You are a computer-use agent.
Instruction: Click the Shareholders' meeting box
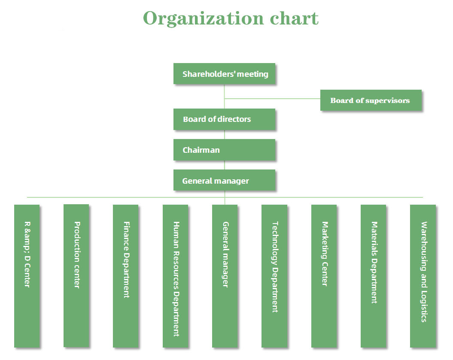point(224,74)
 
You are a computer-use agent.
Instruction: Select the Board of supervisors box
point(371,100)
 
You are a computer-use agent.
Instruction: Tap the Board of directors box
point(224,119)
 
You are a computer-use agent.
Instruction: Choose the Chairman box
point(224,150)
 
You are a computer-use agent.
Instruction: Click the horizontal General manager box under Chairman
point(224,181)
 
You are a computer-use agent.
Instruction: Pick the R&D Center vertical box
point(27,275)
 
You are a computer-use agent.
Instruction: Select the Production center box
point(76,275)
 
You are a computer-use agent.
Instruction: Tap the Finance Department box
point(126,275)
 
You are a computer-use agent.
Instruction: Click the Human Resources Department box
point(176,275)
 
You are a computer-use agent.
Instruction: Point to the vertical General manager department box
point(225,275)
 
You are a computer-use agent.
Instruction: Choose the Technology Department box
point(274,275)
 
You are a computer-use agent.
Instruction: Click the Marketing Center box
point(324,275)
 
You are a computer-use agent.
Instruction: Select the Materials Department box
point(374,275)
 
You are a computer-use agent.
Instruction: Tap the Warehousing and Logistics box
point(423,275)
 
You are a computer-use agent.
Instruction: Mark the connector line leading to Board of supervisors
point(272,99)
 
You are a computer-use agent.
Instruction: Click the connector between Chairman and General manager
point(225,165)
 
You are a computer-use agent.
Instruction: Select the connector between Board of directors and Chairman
point(225,134)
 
